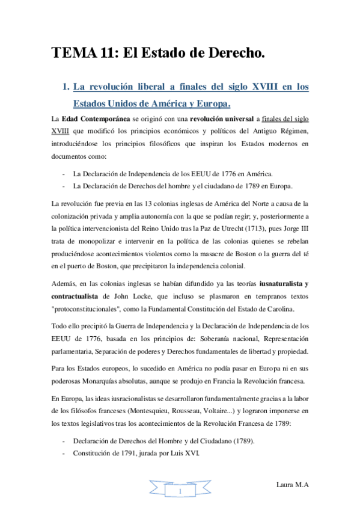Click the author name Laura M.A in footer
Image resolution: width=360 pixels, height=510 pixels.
pos(291,485)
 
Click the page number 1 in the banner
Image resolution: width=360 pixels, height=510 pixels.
pos(180,492)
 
